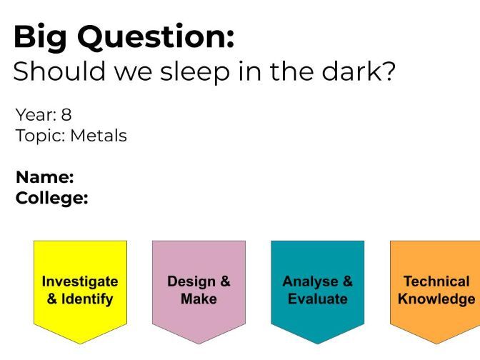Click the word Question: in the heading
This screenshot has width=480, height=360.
[156, 36]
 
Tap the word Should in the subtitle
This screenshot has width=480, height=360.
[59, 71]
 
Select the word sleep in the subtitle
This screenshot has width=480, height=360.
[195, 72]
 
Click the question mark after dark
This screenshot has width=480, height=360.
[388, 71]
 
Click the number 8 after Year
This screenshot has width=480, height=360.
[66, 115]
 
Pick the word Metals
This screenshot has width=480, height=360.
[99, 136]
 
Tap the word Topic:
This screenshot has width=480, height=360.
[41, 136]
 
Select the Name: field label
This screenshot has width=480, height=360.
[45, 177]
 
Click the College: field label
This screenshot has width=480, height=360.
[52, 199]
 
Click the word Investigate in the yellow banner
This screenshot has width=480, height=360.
[80, 282]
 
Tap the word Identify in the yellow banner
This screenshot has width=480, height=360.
[87, 299]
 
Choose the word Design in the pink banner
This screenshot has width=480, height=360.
[191, 282]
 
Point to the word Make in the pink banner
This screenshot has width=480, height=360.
[199, 299]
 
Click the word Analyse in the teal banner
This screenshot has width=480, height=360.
[311, 282]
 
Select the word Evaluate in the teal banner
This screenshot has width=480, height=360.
[318, 299]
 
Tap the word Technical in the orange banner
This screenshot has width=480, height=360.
[436, 281]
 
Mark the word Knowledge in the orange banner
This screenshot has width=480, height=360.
[436, 299]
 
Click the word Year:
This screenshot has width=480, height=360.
[36, 115]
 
